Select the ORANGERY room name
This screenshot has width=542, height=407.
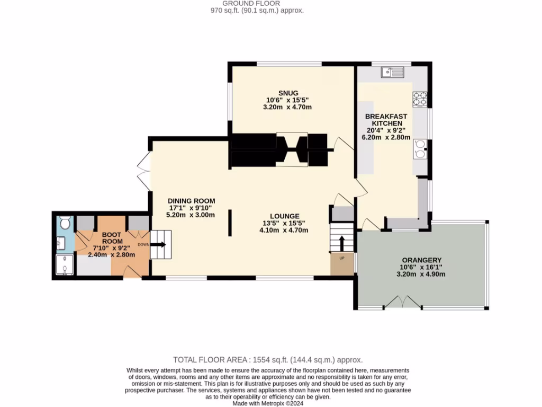[421, 260]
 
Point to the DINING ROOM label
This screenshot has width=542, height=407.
[191, 200]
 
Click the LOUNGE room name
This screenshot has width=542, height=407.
[284, 216]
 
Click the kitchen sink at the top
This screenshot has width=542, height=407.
[392, 72]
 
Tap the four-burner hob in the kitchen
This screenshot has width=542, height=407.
[420, 99]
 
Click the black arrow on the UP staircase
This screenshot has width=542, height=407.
[341, 243]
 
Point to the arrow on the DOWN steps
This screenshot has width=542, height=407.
[159, 244]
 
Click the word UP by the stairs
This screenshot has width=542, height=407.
[341, 258]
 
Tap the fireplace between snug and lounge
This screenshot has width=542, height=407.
[292, 149]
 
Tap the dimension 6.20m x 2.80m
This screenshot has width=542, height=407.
[386, 137]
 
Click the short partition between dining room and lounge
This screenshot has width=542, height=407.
[230, 223]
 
